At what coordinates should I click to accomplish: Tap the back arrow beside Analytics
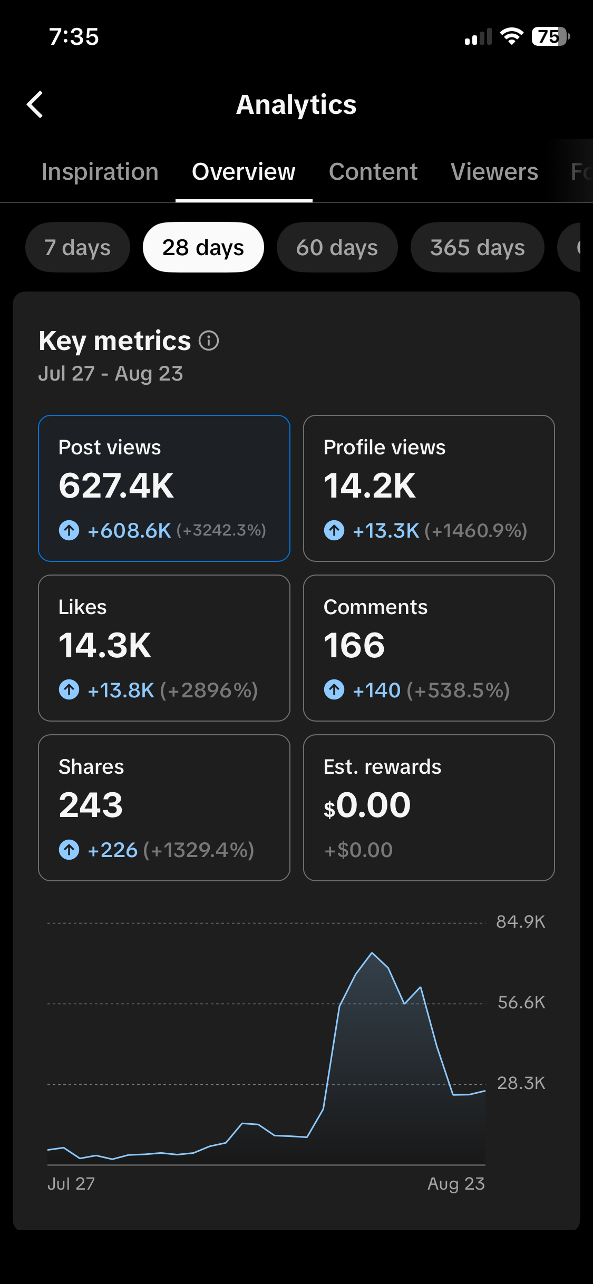(35, 104)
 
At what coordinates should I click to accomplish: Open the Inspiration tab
(100, 172)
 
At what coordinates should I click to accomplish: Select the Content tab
(373, 172)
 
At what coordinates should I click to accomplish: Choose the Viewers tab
(494, 172)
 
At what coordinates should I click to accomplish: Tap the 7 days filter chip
(77, 247)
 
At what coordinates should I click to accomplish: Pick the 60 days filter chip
(337, 247)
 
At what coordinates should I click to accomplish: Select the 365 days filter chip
(478, 247)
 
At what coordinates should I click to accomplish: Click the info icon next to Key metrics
(209, 341)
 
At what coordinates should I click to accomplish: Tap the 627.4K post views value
(116, 485)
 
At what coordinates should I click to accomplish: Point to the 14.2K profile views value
(370, 485)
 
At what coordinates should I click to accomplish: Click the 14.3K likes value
(105, 645)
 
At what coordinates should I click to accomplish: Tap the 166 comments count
(354, 645)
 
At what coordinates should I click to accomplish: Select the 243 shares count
(91, 805)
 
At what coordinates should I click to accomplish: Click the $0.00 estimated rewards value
(367, 805)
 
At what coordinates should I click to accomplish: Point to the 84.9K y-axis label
(521, 922)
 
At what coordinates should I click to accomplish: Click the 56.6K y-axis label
(521, 1003)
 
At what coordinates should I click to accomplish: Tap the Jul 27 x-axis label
(71, 1184)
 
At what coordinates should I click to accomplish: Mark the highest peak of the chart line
(372, 953)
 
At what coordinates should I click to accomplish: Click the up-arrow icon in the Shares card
(69, 850)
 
